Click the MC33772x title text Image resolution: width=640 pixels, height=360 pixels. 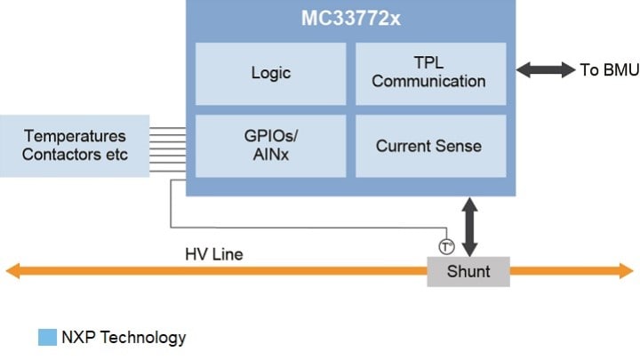[352, 19]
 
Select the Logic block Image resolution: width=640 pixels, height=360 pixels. [270, 73]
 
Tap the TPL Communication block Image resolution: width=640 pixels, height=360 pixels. [429, 73]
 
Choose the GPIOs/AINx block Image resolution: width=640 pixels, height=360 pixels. [270, 145]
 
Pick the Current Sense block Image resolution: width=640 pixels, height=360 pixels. [429, 145]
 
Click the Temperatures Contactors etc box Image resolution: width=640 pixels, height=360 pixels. [76, 146]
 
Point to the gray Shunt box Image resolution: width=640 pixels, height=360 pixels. [468, 271]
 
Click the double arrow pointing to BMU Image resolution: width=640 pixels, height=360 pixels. [544, 69]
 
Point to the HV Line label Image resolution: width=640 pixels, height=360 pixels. [214, 255]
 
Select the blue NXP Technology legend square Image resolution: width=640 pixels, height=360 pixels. [47, 337]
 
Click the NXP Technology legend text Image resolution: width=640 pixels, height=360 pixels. [124, 337]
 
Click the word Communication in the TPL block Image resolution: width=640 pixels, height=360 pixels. [429, 82]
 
